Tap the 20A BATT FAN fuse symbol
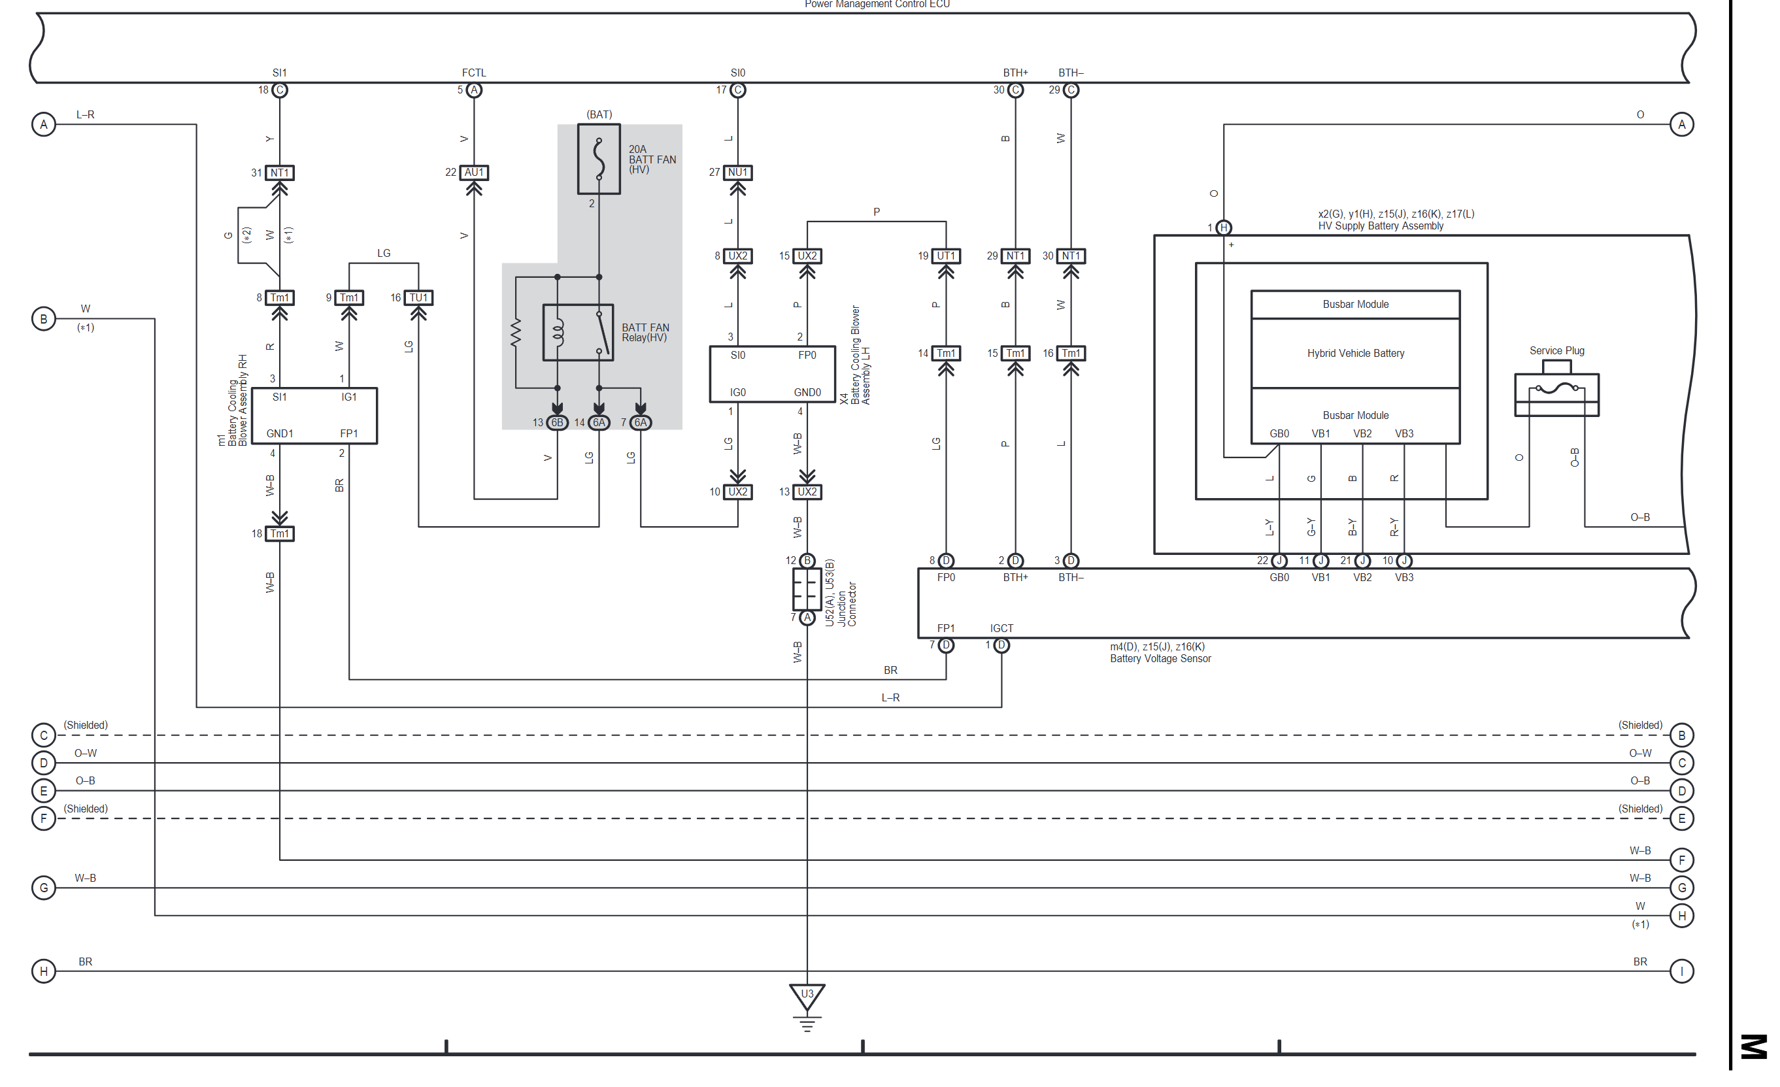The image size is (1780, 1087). click(599, 159)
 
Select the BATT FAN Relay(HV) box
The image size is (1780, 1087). click(578, 332)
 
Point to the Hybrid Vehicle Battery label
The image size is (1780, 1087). click(1355, 353)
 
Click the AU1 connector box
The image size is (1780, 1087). click(474, 173)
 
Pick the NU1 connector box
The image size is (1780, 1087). click(737, 173)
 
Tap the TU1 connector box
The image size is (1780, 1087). click(418, 297)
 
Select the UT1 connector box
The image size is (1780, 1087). click(946, 256)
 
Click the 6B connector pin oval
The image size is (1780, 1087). click(557, 422)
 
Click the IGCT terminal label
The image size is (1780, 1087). click(1001, 628)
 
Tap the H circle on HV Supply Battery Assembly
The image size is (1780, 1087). click(1223, 227)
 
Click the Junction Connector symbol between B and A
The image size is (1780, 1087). click(807, 590)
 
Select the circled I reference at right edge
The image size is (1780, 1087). click(1682, 971)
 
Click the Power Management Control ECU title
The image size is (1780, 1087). click(877, 5)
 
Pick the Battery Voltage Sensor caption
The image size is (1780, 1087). click(1160, 659)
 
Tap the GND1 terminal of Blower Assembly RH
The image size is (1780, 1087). click(280, 433)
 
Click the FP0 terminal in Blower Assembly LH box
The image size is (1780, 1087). click(807, 356)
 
